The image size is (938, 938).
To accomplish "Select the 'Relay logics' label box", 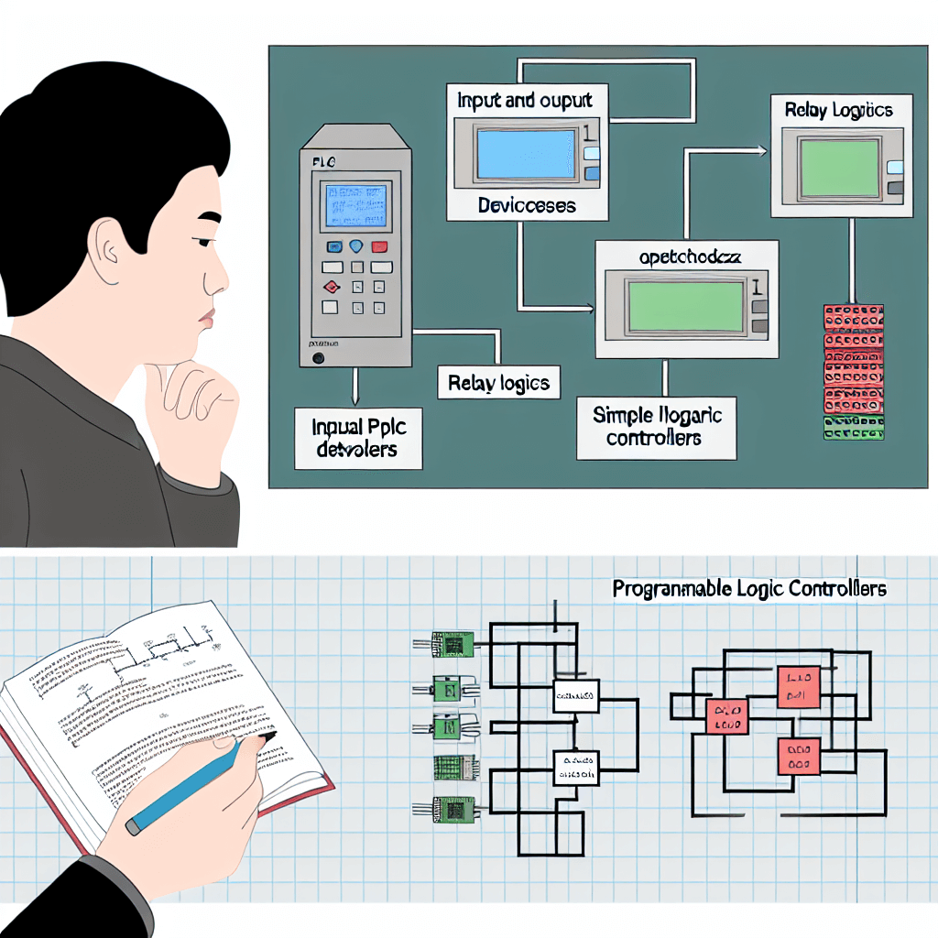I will [499, 383].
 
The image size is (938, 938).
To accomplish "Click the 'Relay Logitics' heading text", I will [837, 111].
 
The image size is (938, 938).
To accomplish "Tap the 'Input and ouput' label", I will [523, 101].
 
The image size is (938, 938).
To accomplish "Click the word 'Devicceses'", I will [527, 205].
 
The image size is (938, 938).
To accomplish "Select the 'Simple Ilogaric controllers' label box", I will [657, 426].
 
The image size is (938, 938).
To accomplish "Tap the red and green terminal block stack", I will [854, 371].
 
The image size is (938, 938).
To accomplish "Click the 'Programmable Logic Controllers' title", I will [749, 589].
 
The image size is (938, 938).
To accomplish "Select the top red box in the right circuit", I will [799, 687].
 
